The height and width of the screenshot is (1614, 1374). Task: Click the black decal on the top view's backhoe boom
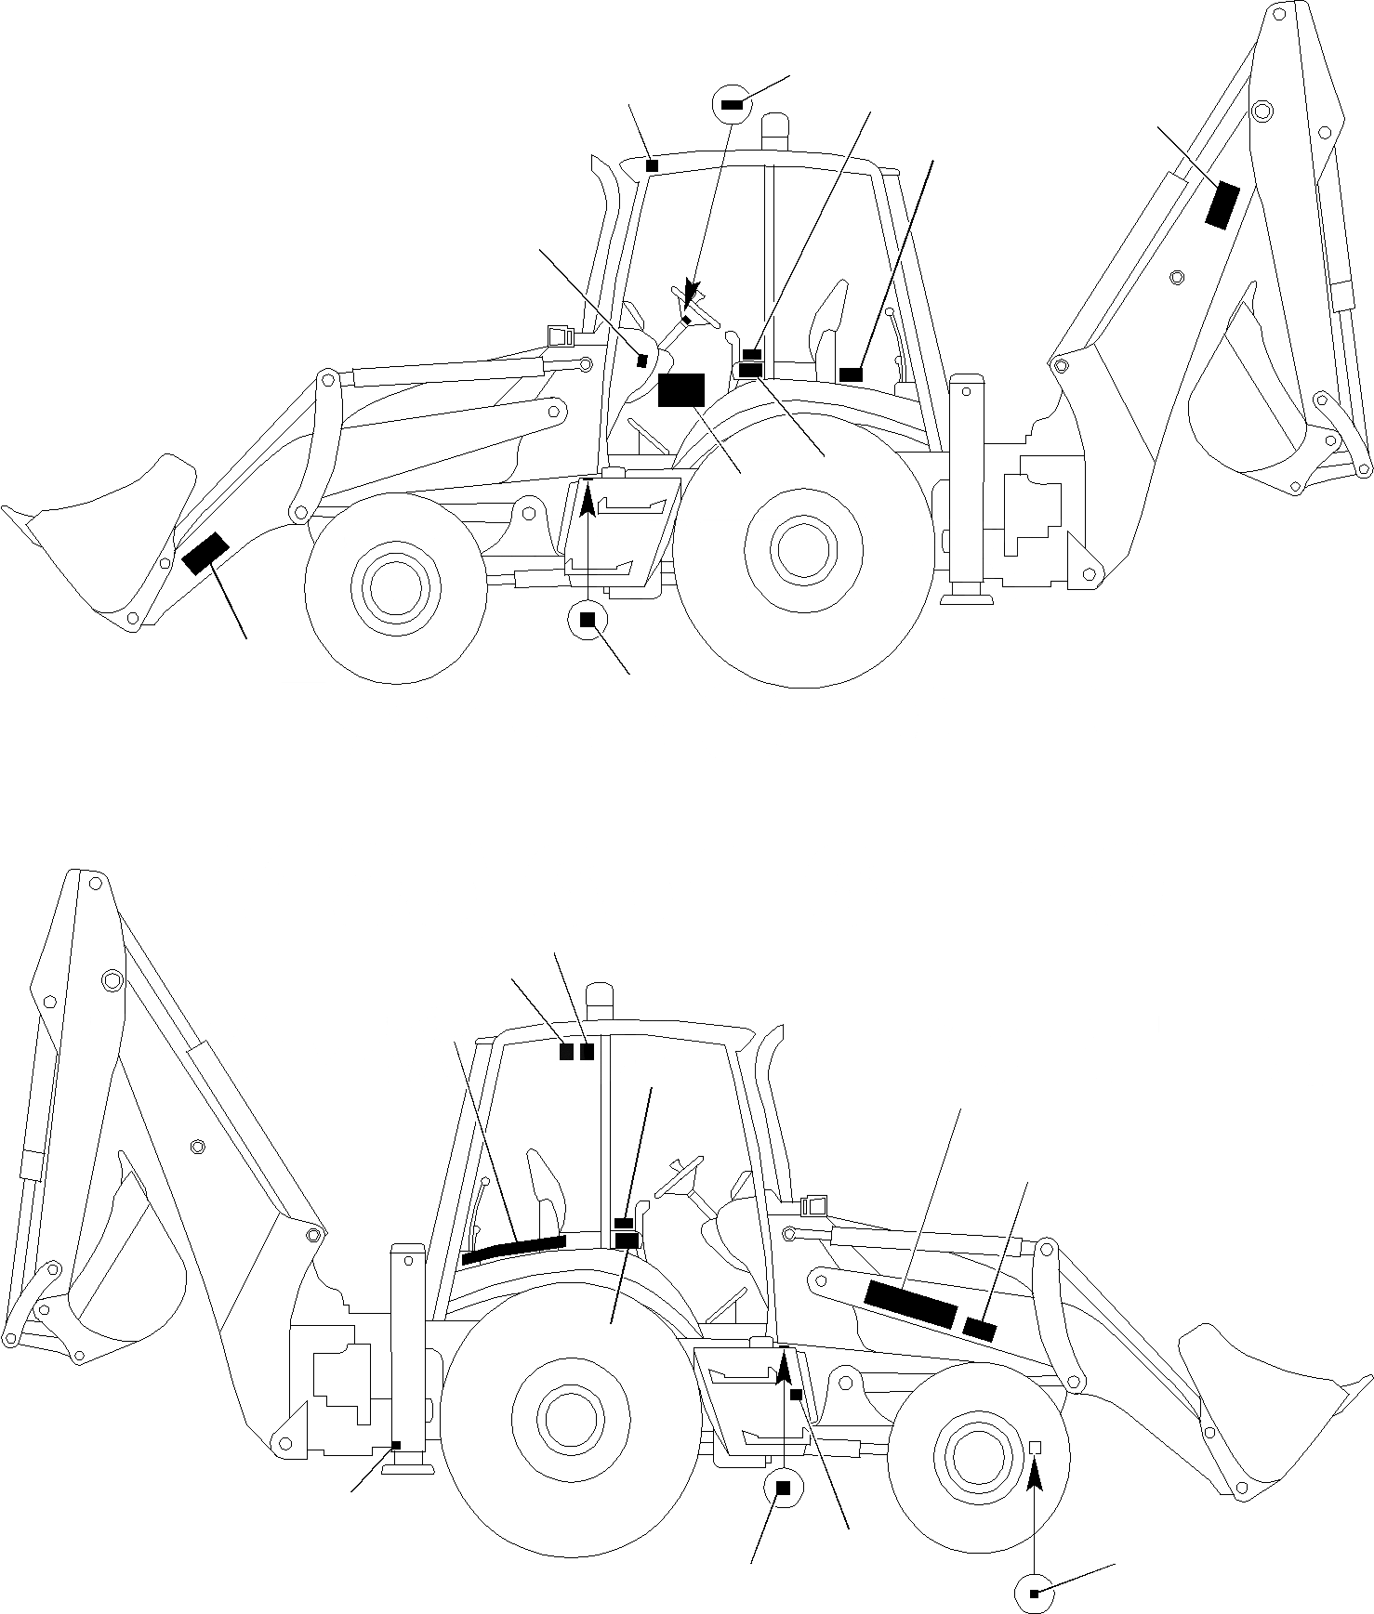coord(1222,204)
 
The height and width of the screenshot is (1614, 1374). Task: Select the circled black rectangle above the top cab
coord(731,105)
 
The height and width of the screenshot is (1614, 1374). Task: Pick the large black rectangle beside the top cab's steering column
coord(681,389)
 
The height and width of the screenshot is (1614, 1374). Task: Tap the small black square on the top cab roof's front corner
coord(652,165)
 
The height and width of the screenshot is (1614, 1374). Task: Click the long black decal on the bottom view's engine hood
coord(910,1303)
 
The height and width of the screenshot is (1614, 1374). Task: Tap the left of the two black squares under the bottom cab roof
coord(566,1052)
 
